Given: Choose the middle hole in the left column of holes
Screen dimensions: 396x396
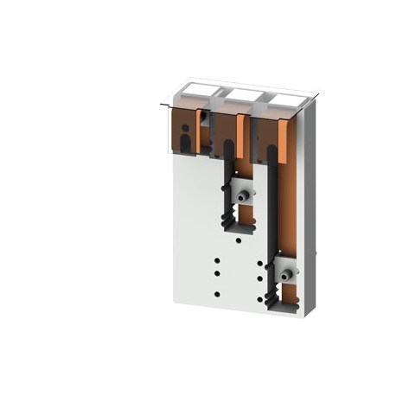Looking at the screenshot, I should click(217, 273).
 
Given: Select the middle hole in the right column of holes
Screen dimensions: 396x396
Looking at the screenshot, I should click(259, 279).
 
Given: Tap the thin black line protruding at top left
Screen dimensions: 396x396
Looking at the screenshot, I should click(164, 106).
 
